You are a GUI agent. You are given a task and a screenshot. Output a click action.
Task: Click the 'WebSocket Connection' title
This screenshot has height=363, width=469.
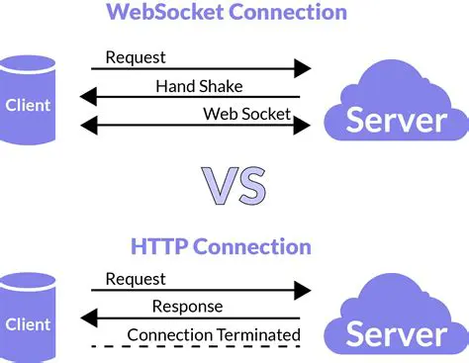227,14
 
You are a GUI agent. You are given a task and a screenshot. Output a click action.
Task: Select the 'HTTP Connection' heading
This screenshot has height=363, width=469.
222,246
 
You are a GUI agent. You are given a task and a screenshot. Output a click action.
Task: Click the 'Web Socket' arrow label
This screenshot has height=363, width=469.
247,114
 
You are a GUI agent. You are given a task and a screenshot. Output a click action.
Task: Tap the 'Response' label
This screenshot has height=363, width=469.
188,307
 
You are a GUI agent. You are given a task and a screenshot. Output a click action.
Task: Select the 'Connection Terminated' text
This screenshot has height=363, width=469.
214,334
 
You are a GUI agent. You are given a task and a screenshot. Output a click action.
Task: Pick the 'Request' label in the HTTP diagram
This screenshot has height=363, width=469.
136,279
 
